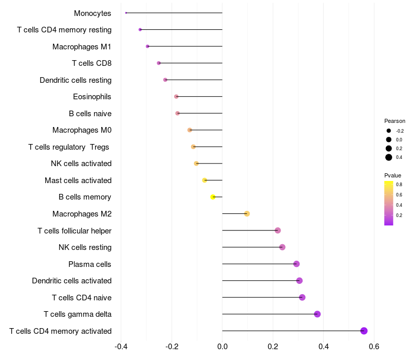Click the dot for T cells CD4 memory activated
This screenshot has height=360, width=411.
(x=364, y=331)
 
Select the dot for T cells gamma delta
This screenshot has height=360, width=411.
(x=317, y=314)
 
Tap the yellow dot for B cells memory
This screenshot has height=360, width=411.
(x=213, y=197)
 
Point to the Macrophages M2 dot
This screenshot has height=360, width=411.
(x=247, y=213)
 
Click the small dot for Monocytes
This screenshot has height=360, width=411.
(x=126, y=13)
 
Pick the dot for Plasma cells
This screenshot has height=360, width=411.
(x=296, y=264)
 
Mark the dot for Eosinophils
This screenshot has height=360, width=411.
(x=176, y=96)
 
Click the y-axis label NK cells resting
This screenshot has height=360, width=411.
(x=85, y=247)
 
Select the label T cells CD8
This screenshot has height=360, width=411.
(x=91, y=63)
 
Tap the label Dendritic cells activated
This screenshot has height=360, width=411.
(x=71, y=281)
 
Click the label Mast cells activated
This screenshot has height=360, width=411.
(x=78, y=181)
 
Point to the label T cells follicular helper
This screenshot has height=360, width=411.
(x=74, y=230)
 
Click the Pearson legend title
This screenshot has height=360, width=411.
(x=395, y=121)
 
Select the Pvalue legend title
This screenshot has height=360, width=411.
(x=393, y=175)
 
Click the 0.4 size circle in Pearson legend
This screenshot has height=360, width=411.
(x=389, y=157)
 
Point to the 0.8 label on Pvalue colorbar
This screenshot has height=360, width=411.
(x=399, y=184)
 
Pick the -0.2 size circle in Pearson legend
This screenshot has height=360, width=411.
(x=389, y=131)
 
